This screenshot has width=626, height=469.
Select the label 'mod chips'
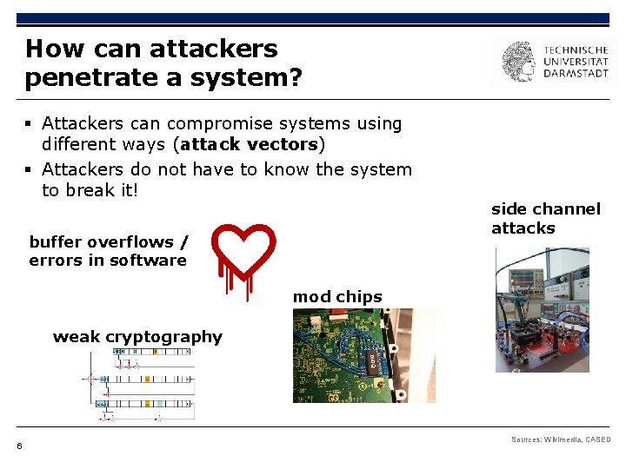pyautogui.click(x=337, y=297)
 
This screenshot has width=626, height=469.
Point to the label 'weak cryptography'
pyautogui.click(x=137, y=337)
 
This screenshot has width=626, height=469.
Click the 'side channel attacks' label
pyautogui.click(x=546, y=218)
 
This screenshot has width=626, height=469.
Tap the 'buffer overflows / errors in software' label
pyautogui.click(x=108, y=251)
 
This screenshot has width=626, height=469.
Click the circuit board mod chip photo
pyautogui.click(x=364, y=355)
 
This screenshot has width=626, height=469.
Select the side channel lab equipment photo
pyautogui.click(x=542, y=310)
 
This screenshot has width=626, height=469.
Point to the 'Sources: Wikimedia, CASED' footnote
pyautogui.click(x=561, y=440)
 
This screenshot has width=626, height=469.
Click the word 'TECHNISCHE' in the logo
pyautogui.click(x=576, y=50)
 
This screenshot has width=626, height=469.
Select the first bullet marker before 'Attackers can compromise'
pyautogui.click(x=30, y=124)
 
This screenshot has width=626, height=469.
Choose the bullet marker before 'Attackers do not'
pyautogui.click(x=30, y=169)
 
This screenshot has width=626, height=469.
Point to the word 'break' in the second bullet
pyautogui.click(x=90, y=190)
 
